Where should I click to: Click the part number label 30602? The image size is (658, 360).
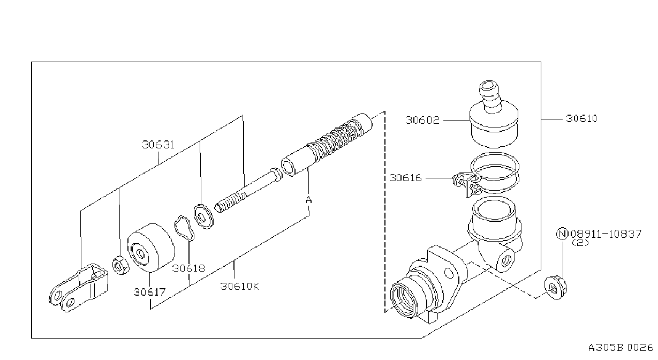pyautogui.click(x=422, y=120)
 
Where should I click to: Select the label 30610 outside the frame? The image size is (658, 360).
pyautogui.click(x=581, y=118)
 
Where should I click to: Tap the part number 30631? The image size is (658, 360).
pyautogui.click(x=158, y=145)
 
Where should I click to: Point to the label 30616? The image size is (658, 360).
pyautogui.click(x=405, y=178)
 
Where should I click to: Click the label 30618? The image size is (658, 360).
pyautogui.click(x=188, y=268)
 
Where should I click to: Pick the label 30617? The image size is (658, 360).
pyautogui.click(x=149, y=292)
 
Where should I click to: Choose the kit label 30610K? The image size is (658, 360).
pyautogui.click(x=240, y=286)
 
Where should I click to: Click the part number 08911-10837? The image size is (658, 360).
pyautogui.click(x=606, y=234)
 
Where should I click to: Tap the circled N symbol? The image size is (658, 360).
pyautogui.click(x=562, y=234)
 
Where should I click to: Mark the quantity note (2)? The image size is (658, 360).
pyautogui.click(x=580, y=243)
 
